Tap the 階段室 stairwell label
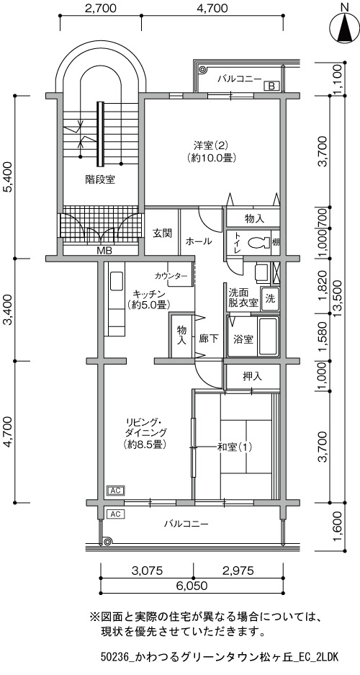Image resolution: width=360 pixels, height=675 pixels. coord(100,180)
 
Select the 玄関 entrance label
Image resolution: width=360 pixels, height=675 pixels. coord(162,233)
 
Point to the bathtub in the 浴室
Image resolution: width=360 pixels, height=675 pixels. coord(269,337)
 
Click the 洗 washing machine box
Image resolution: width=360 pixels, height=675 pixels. coord(271,297)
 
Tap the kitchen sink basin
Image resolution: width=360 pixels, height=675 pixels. coord(116,281)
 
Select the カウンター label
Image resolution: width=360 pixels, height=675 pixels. coord(171,275)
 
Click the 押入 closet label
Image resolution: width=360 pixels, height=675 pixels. coord(253,377)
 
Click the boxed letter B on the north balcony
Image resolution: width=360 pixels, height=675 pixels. coord(271,86)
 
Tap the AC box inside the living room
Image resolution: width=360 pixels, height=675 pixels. coord(115,491)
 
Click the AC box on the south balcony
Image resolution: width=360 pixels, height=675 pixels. coord(115,514)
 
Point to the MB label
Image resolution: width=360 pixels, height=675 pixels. coord(102,251)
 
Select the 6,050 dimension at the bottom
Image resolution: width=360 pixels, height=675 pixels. coord(192,586)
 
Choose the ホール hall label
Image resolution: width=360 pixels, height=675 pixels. coord(198,241)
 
